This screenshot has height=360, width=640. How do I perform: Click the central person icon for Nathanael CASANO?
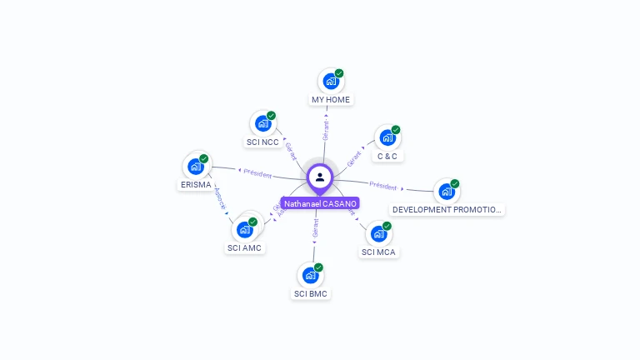tap(320, 177)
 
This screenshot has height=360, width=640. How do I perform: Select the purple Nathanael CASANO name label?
tap(320, 203)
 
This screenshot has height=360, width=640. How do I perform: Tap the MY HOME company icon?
tap(331, 82)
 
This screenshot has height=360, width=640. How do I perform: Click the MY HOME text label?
tap(331, 100)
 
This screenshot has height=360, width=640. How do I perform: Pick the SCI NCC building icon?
tap(262, 124)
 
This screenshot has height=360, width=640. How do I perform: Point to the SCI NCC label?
tap(262, 142)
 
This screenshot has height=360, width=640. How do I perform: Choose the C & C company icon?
tap(387, 137)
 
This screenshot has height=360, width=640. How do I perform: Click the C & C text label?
tap(387, 156)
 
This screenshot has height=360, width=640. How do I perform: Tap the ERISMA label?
tap(195, 185)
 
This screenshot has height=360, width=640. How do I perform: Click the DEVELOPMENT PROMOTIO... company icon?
tap(447, 192)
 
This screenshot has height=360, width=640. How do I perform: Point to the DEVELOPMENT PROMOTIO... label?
tap(447, 210)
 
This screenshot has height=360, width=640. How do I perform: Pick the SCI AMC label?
tap(244, 248)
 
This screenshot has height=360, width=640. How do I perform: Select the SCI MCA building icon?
tap(378, 234)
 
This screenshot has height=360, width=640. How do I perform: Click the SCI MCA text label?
tap(378, 252)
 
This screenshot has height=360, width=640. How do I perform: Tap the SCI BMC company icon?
tap(310, 275)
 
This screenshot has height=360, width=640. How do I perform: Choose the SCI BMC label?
tap(310, 294)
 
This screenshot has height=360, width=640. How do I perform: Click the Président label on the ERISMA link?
tap(257, 173)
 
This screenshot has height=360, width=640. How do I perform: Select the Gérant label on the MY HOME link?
tap(326, 129)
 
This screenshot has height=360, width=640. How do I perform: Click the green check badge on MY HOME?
tap(339, 73)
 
